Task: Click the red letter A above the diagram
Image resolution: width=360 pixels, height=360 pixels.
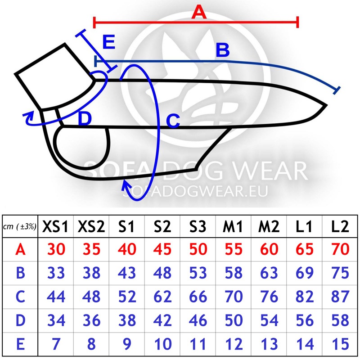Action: click(199, 12)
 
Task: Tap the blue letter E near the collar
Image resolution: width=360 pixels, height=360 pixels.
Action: click(108, 42)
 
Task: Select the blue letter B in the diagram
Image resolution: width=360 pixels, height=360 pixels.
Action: click(222, 50)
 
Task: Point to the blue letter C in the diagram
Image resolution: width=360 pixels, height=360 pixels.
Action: click(173, 121)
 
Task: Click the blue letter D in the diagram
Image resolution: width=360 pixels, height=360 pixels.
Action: click(85, 118)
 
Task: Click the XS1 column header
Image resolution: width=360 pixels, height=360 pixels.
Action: click(55, 226)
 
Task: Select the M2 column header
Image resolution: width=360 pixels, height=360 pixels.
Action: click(269, 226)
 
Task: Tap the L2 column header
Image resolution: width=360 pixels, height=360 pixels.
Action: click(340, 226)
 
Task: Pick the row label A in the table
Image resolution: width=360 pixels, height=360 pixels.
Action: click(20, 249)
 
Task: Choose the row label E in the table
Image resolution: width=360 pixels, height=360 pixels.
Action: click(20, 344)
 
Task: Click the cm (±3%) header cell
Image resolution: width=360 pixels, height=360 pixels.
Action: click(20, 227)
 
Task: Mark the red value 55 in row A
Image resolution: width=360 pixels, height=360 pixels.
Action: click(234, 249)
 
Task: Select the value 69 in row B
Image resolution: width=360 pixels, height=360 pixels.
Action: click(305, 273)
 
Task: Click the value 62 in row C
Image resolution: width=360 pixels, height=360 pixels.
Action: click(162, 297)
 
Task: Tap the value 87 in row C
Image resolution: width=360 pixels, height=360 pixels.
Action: click(340, 297)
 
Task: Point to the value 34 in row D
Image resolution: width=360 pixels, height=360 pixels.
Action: click(56, 320)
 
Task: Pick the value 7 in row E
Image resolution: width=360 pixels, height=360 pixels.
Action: click(56, 344)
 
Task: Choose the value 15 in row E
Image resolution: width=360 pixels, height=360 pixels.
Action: click(341, 344)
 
